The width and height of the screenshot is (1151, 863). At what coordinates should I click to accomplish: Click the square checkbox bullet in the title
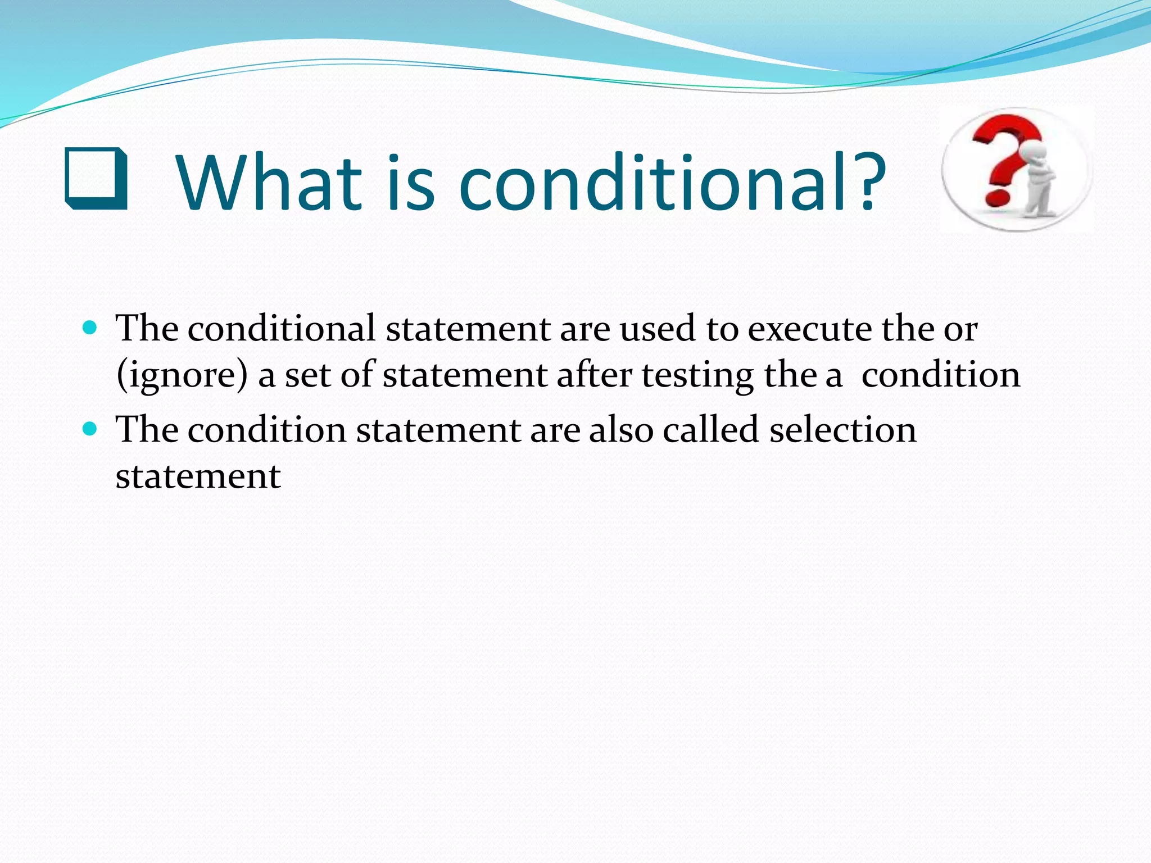[96, 179]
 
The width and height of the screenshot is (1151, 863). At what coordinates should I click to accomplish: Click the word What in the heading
[269, 183]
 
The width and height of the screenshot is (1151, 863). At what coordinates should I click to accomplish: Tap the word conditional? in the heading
[672, 183]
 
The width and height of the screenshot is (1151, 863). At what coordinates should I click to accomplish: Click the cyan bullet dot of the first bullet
[90, 326]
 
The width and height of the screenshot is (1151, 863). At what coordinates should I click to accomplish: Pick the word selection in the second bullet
[842, 430]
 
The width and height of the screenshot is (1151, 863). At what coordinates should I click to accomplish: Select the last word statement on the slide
[198, 477]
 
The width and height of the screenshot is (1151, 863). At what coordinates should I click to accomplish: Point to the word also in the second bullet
[621, 430]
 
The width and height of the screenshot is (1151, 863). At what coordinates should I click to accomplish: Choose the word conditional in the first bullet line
[281, 329]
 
